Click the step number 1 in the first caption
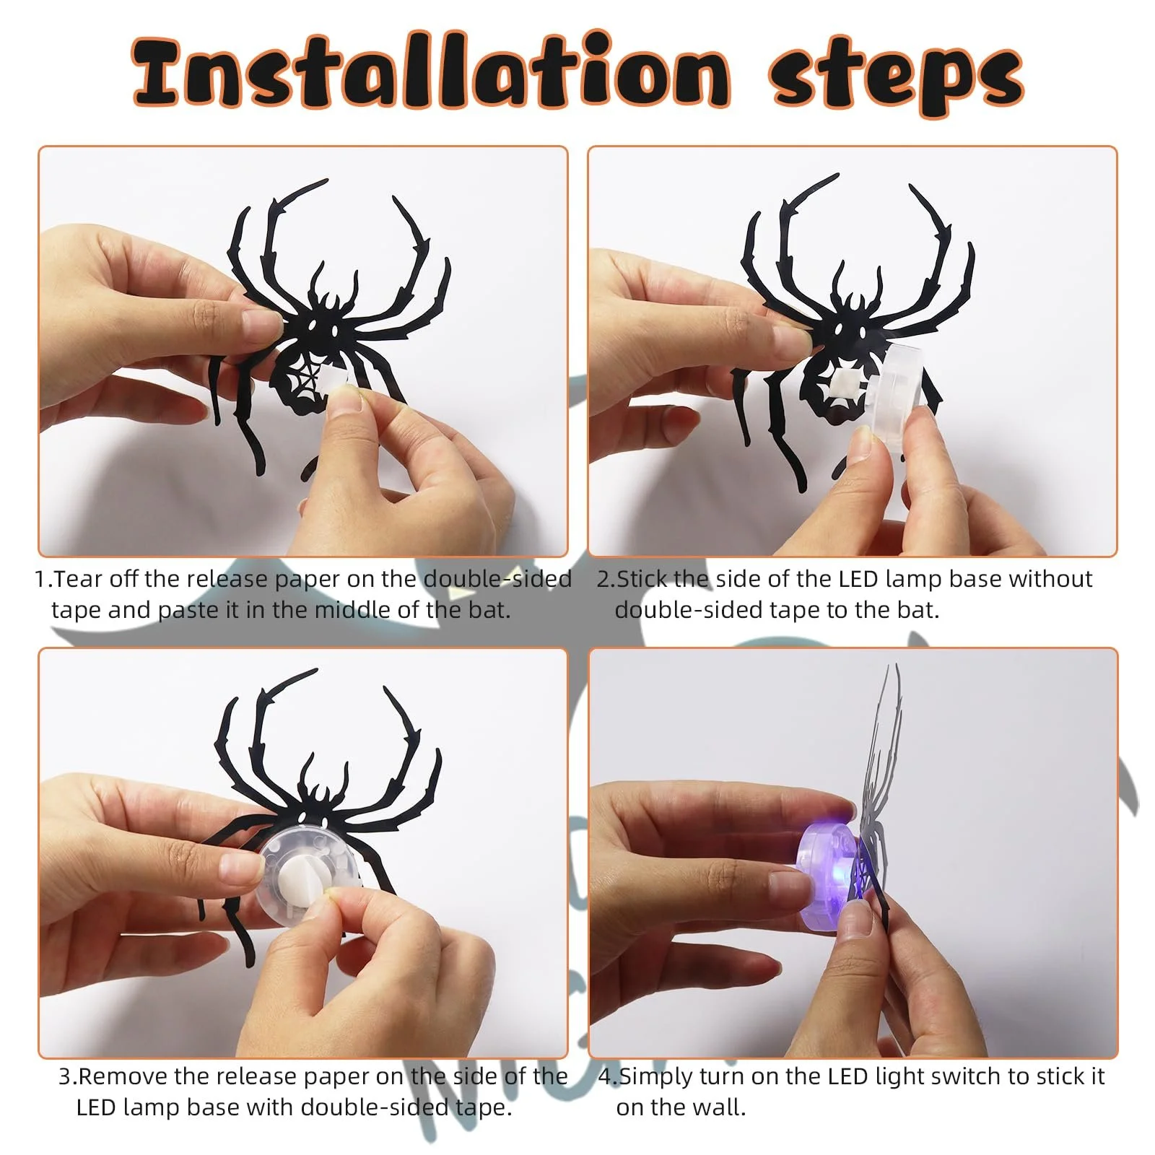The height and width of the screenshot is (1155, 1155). click(x=40, y=579)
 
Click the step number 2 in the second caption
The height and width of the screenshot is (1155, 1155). click(x=603, y=579)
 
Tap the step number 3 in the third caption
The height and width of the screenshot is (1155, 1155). click(x=65, y=1076)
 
